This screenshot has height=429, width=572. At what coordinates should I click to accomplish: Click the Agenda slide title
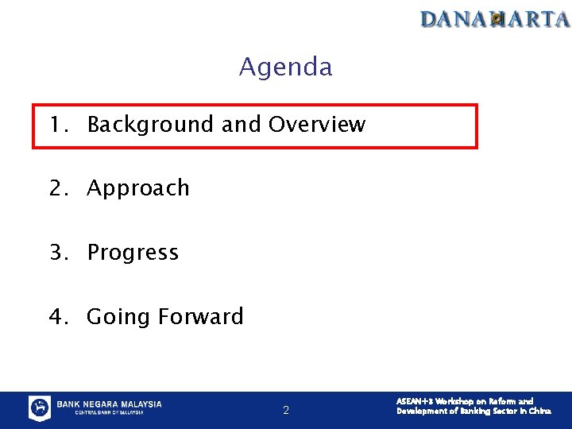[x=285, y=67]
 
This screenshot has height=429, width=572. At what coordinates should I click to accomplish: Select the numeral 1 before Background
[x=56, y=125]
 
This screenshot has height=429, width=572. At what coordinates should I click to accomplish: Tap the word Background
[x=150, y=125]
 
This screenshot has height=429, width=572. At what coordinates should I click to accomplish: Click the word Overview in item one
[x=317, y=125]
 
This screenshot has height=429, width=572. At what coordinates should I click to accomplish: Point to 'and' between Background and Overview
[x=241, y=125]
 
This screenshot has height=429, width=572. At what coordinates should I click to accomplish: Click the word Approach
[x=138, y=189]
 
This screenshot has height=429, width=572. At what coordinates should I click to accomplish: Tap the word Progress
[x=133, y=253]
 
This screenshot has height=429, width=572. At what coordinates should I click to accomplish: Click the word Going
[x=119, y=318]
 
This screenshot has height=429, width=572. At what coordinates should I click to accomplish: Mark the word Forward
[x=201, y=317]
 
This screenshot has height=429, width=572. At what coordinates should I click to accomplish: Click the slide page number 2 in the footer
[x=286, y=411]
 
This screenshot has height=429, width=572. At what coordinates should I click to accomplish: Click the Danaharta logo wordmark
[x=495, y=18]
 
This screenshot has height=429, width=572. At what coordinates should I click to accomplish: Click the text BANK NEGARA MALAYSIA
[x=109, y=404]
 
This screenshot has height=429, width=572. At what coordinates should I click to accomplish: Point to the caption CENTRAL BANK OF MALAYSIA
[x=109, y=413]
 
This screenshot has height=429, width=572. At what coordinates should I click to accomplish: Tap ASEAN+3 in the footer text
[x=412, y=402]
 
